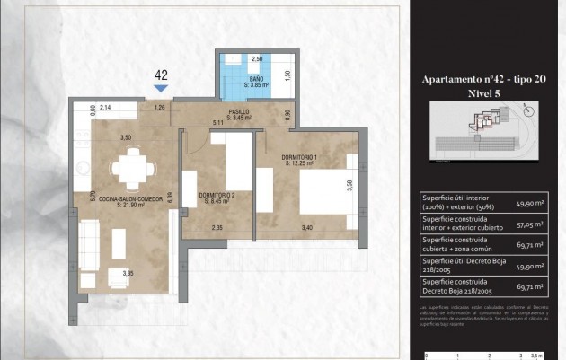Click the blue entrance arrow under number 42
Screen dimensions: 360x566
coord(161,88)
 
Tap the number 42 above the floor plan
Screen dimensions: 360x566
coord(161,75)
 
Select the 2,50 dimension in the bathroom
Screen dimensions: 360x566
coord(256,58)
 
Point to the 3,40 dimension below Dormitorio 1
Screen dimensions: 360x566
coord(308,228)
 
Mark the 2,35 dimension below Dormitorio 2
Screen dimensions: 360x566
coord(217,228)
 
